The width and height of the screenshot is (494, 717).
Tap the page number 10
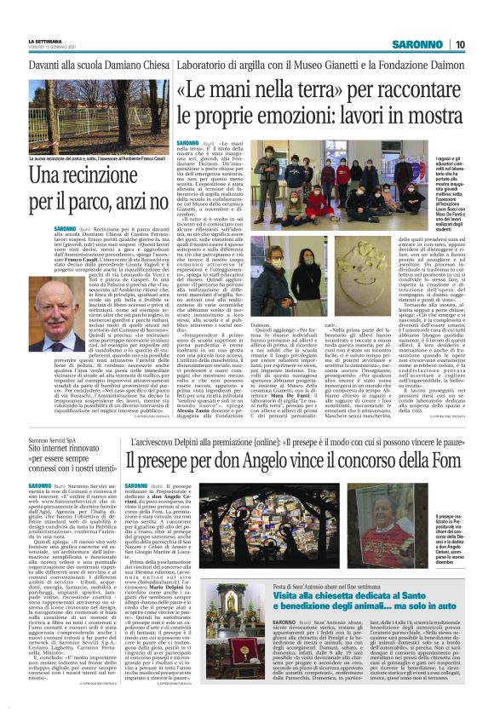pyautogui.click(x=459, y=44)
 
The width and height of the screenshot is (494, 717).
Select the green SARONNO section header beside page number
pyautogui.click(x=418, y=44)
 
